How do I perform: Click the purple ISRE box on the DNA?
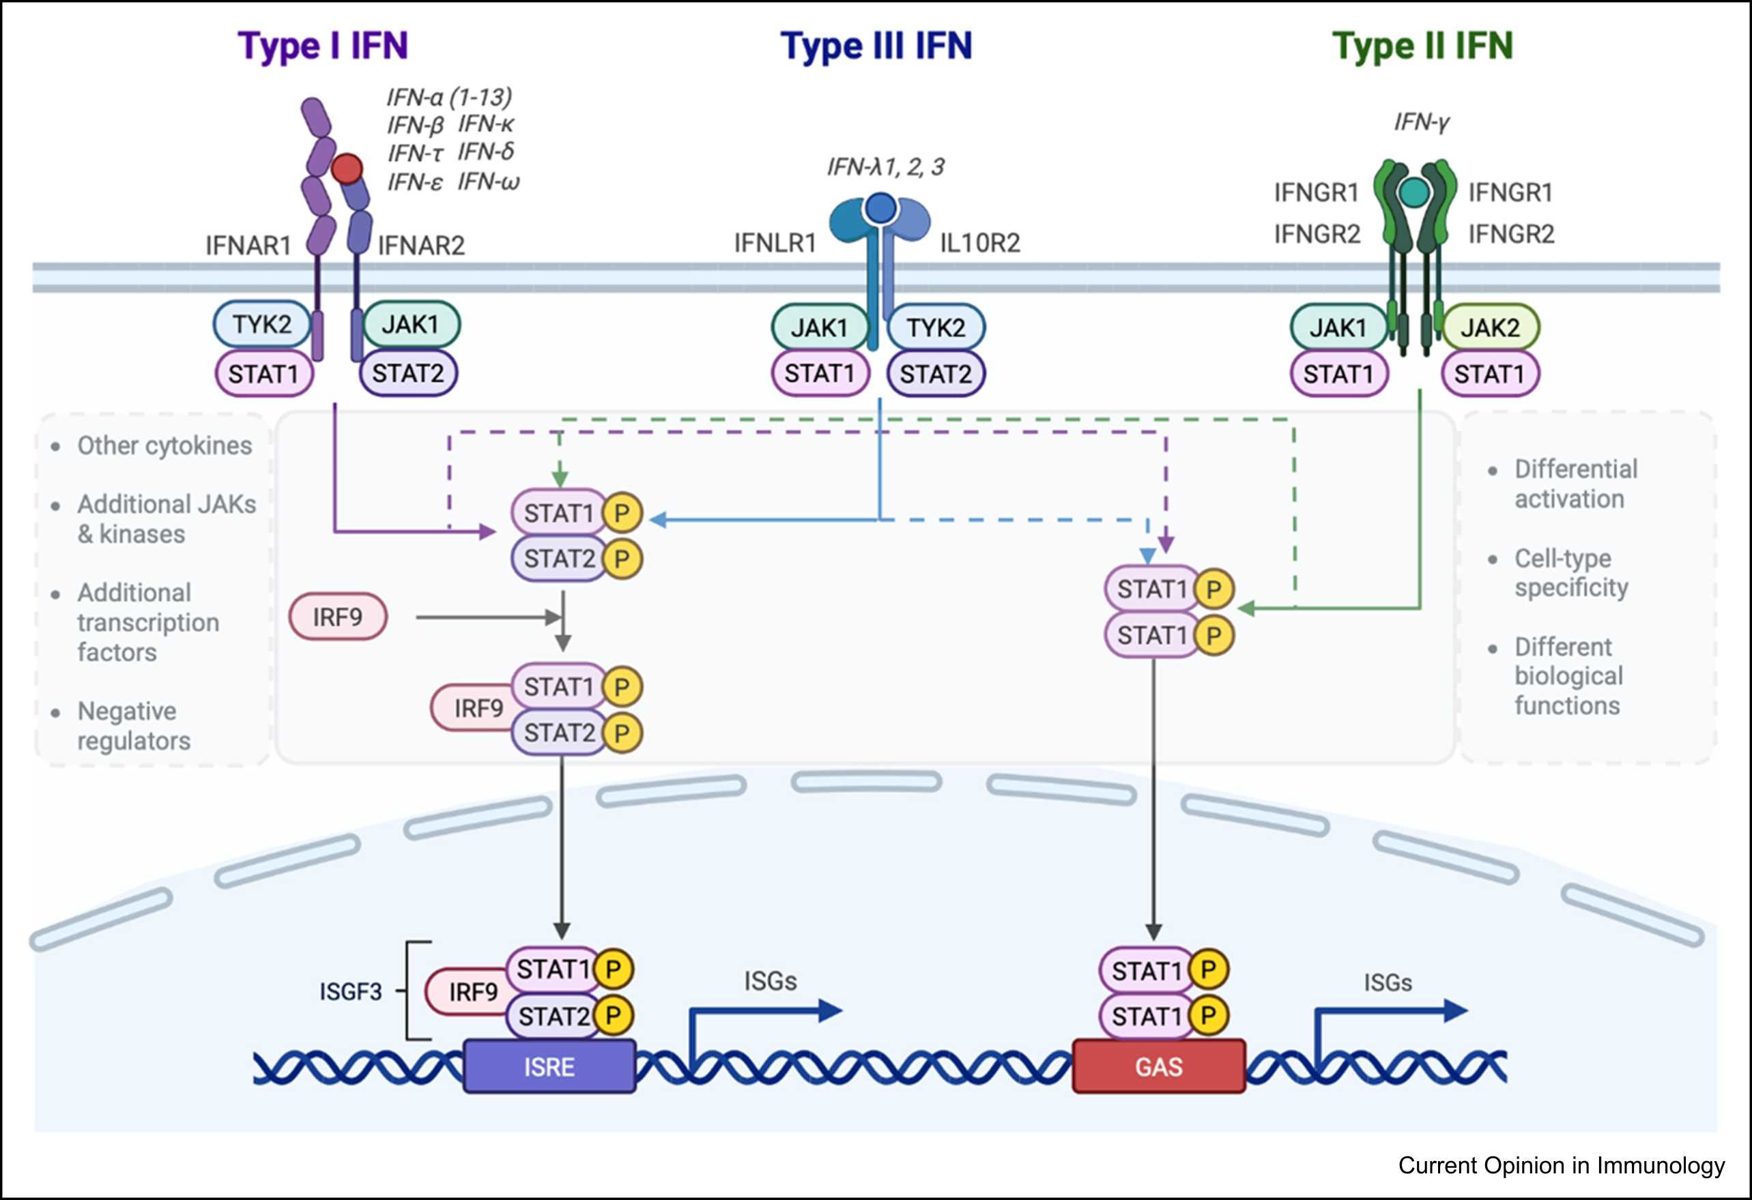pos(549,1066)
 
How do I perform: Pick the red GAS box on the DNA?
pos(1159,1066)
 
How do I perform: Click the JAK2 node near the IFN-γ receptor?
pos(1490,328)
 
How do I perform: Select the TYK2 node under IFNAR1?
pos(261,324)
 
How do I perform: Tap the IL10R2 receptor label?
pos(979,243)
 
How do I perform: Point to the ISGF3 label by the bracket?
pos(351,991)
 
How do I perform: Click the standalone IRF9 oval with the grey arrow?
pos(338,617)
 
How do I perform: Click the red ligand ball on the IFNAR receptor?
pos(347,169)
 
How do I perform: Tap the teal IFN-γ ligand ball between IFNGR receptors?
pos(1414,192)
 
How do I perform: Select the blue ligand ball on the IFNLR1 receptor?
pos(880,207)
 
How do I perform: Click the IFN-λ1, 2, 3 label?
pos(885,166)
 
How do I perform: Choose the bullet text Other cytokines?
pos(164,445)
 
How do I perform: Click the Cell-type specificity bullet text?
pos(1571,573)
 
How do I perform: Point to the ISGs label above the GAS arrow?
pos(1387,982)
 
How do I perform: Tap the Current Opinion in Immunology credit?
pos(1562,1165)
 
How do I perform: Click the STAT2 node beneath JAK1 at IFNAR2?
pos(408,373)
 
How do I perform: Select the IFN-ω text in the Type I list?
pos(489,181)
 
